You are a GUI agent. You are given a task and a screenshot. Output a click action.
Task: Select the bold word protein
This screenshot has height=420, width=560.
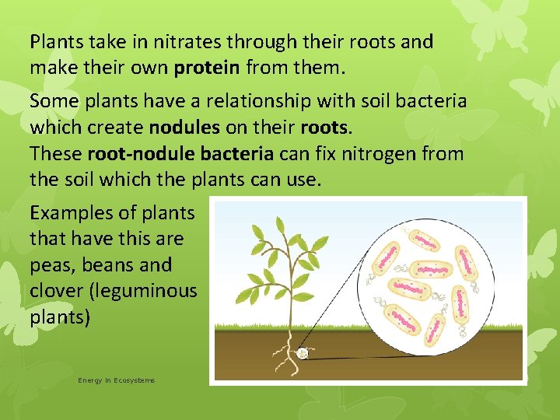pos(208,68)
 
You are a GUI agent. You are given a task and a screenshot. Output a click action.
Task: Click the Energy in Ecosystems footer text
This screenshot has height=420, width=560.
pos(116,380)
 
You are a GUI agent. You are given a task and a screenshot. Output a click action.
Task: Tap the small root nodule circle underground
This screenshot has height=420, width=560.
pos(303,354)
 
